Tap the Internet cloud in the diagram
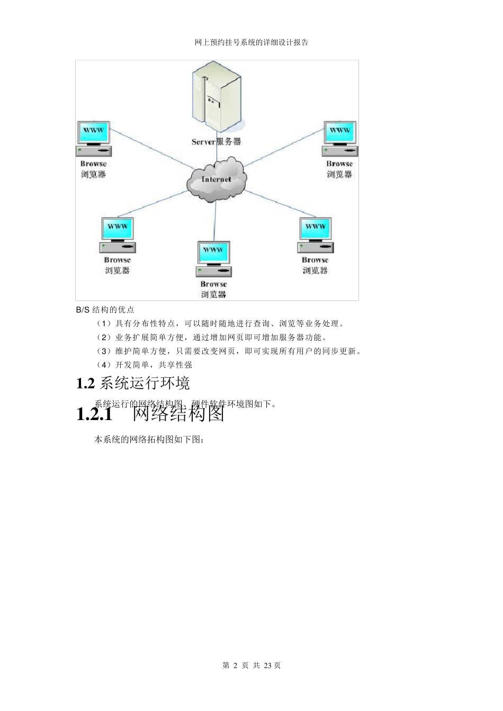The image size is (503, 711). tap(216, 180)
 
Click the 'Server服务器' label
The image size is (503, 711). tap(216, 141)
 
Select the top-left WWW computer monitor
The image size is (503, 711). tap(94, 132)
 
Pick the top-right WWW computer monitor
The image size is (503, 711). tap(339, 132)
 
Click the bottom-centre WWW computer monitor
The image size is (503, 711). tap(213, 252)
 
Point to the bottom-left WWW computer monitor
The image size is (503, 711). tap(117, 229)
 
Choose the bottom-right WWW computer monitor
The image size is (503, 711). tap(316, 229)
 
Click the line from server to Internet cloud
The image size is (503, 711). tap(216, 153)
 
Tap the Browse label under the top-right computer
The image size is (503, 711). tap(339, 164)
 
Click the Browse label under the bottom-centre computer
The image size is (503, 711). tap(213, 284)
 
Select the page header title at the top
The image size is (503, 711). tap(251, 42)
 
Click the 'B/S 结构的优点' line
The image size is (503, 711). tap(105, 309)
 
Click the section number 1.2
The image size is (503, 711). tap(85, 384)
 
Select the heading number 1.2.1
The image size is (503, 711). tap(94, 414)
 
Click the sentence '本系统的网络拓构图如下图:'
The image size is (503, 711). tap(149, 440)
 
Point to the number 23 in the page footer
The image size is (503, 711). tap(267, 665)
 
